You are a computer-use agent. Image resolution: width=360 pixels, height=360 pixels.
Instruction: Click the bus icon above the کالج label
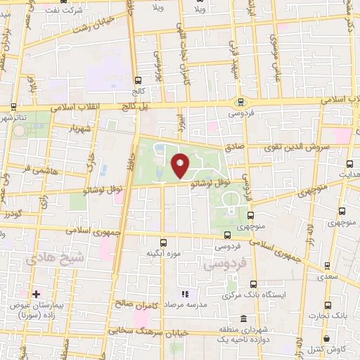138,80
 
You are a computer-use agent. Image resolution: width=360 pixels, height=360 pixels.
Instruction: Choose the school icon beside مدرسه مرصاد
185,293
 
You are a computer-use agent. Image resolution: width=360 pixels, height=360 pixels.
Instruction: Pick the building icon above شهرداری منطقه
243,319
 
